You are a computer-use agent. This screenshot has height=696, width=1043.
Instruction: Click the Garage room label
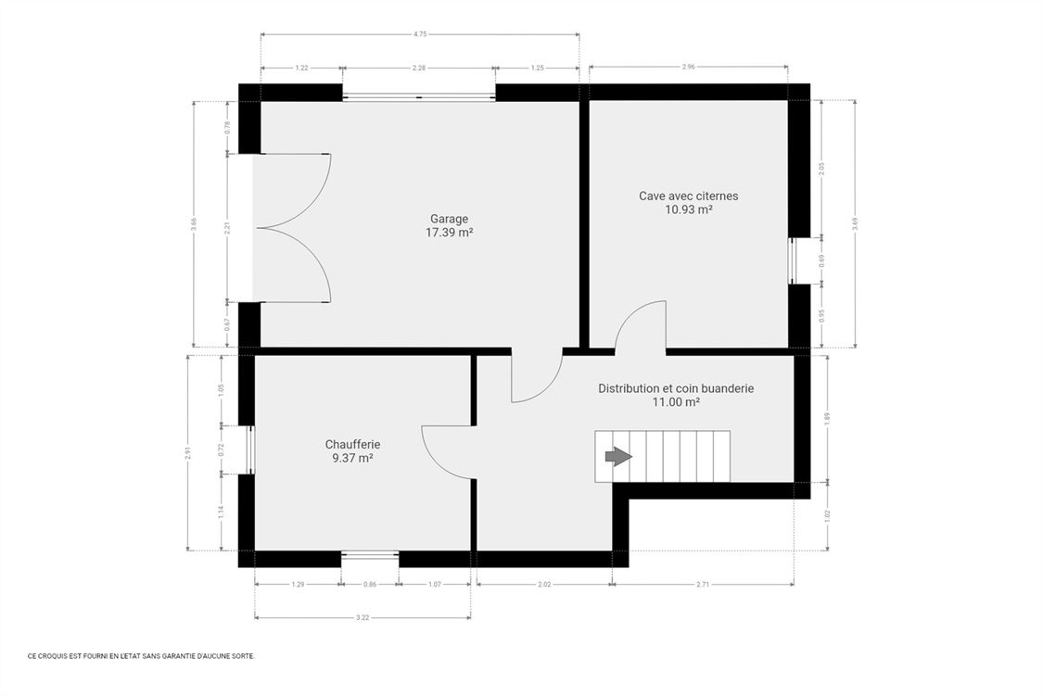pyautogui.click(x=449, y=219)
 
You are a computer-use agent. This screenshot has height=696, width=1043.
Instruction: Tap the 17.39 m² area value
pyautogui.click(x=449, y=233)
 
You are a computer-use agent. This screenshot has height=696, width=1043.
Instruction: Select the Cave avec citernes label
pyautogui.click(x=689, y=196)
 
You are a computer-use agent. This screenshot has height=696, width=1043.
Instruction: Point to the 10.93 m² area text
pyautogui.click(x=689, y=210)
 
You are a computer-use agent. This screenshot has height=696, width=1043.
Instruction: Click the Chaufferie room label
pyautogui.click(x=352, y=445)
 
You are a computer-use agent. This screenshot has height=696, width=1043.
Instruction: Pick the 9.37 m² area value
pyautogui.click(x=352, y=459)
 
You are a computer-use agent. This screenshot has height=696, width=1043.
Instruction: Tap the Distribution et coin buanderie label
pyautogui.click(x=676, y=389)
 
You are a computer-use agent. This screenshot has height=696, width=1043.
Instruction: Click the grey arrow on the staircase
pyautogui.click(x=618, y=456)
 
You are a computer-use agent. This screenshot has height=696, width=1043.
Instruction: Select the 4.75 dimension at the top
pyautogui.click(x=420, y=34)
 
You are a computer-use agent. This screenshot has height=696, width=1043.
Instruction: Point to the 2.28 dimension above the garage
pyautogui.click(x=419, y=68)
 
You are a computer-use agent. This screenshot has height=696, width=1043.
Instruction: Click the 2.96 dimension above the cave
pyautogui.click(x=689, y=67)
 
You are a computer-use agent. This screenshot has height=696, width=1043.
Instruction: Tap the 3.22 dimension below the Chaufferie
pyautogui.click(x=363, y=617)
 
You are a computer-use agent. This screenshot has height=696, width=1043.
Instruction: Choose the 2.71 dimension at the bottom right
pyautogui.click(x=703, y=584)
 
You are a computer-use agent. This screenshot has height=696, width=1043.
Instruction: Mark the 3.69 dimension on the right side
pyautogui.click(x=856, y=224)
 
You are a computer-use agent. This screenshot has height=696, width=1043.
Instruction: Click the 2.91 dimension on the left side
pyautogui.click(x=188, y=452)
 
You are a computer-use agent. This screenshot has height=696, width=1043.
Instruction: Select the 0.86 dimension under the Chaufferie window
pyautogui.click(x=370, y=584)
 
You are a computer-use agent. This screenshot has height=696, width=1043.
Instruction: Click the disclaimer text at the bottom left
pyautogui.click(x=141, y=656)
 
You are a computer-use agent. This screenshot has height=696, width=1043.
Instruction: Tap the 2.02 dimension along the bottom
pyautogui.click(x=544, y=584)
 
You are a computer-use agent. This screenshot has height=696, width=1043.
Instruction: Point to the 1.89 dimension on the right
pyautogui.click(x=828, y=418)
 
